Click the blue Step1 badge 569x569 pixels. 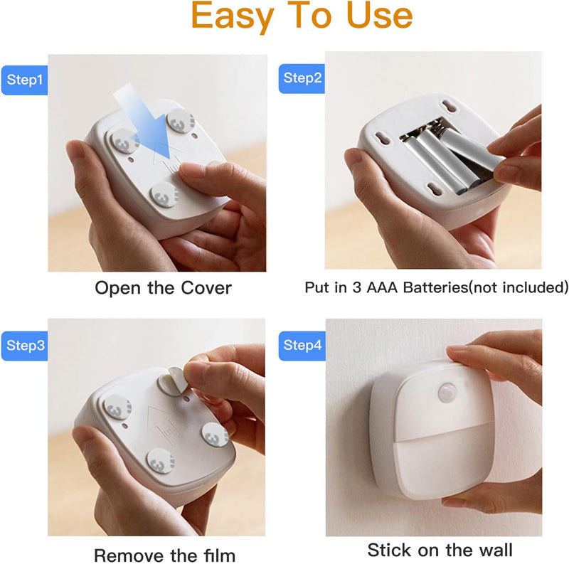(x=24, y=80)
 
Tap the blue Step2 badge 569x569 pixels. (x=302, y=78)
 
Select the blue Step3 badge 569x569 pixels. (x=24, y=346)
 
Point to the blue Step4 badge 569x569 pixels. (x=302, y=346)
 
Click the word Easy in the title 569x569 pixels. (x=233, y=16)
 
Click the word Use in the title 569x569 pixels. (x=380, y=16)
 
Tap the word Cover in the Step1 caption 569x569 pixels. (x=206, y=288)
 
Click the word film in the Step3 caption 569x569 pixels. (x=219, y=555)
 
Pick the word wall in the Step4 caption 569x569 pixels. (x=496, y=550)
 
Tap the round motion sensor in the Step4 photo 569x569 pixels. (x=447, y=393)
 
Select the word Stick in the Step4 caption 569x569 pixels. (x=390, y=550)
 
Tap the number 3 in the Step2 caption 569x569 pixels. (x=357, y=287)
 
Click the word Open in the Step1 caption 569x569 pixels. (x=117, y=289)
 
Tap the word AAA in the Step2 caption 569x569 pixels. (x=382, y=287)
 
